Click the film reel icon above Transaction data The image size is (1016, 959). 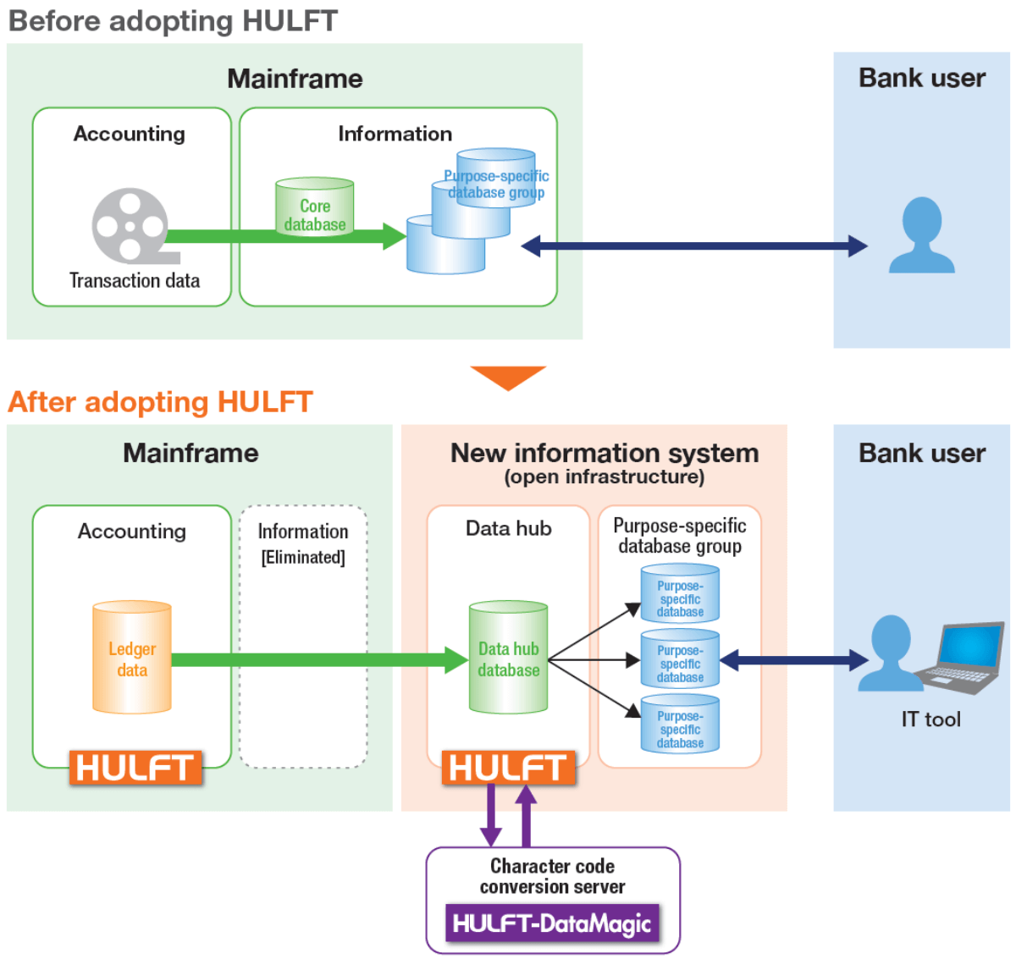(x=130, y=225)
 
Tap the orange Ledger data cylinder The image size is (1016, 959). (x=132, y=658)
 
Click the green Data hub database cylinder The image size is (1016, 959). (x=508, y=658)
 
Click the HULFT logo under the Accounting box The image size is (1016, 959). (x=135, y=768)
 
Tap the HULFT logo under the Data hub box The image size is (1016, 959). (x=508, y=768)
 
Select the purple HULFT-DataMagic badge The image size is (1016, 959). (x=552, y=923)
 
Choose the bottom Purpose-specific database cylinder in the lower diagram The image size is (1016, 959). (x=680, y=725)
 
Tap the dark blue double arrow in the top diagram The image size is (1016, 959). (x=693, y=246)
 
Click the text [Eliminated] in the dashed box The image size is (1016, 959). (x=303, y=557)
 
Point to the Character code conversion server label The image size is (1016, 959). (x=552, y=876)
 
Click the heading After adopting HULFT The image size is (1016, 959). (x=161, y=401)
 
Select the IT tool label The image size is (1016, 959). (x=930, y=719)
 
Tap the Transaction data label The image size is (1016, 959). (x=135, y=280)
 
